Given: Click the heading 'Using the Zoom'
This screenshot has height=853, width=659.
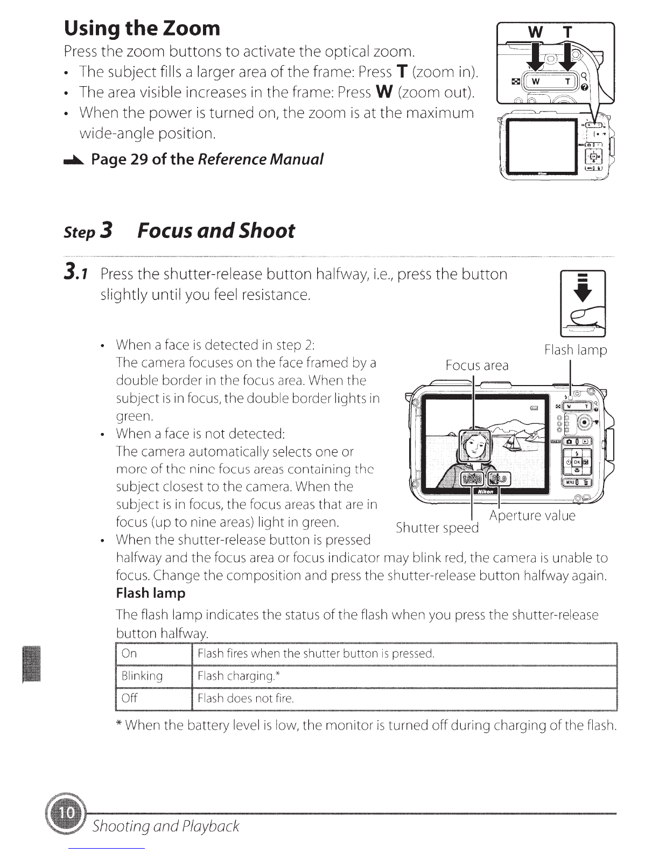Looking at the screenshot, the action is click(142, 29).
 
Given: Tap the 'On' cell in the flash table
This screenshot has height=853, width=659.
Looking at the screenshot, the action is click(154, 654).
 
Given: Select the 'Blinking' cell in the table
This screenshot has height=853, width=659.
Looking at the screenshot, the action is click(154, 676).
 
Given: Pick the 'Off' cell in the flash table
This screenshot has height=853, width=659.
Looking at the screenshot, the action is click(154, 699).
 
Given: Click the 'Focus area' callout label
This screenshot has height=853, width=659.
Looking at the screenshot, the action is click(477, 366).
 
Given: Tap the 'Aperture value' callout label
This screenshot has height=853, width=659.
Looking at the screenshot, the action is click(532, 515).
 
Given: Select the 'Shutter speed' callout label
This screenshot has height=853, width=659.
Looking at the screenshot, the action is click(437, 528).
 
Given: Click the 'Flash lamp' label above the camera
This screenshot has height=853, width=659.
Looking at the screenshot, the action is click(576, 349).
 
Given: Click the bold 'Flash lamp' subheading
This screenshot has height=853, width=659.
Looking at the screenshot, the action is click(150, 593).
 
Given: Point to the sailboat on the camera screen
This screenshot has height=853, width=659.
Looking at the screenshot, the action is click(510, 443).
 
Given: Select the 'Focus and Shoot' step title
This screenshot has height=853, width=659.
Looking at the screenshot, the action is click(216, 230).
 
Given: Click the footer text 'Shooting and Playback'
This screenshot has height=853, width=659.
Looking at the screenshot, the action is click(166, 826).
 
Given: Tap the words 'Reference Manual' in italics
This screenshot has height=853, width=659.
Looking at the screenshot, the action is click(261, 159).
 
